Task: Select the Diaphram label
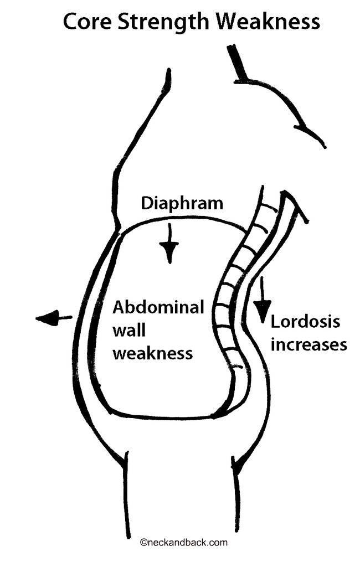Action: click(182, 204)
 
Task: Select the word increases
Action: click(308, 344)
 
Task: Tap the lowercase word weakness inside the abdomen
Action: click(153, 353)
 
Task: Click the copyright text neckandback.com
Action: click(186, 543)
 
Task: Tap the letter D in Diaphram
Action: click(147, 204)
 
